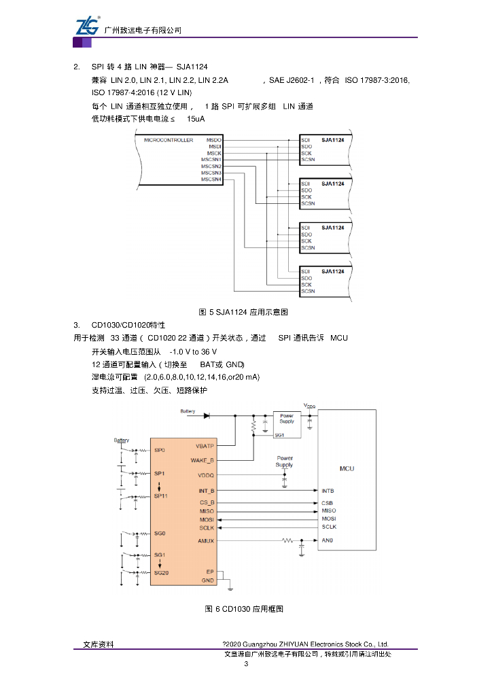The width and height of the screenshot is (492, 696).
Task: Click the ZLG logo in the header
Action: coord(86,26)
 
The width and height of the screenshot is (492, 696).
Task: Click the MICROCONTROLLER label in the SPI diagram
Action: coord(169,140)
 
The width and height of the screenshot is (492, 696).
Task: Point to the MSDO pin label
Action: coord(214,140)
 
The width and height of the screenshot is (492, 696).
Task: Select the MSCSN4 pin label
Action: coord(211,179)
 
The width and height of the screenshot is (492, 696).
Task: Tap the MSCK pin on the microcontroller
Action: coord(214,153)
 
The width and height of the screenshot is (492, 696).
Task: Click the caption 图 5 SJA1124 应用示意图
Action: coord(243,312)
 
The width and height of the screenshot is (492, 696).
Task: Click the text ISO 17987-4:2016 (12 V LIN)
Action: coord(142,92)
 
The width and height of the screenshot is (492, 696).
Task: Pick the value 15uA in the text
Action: coord(195,119)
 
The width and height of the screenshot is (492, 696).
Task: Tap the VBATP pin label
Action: coord(205,446)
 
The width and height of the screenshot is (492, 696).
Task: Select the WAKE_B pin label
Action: coord(203,461)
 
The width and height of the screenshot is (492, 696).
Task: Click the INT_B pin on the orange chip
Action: coord(207,490)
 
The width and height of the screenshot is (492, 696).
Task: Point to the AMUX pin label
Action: coord(206,541)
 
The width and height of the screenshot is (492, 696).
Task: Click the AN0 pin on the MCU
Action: coord(328,541)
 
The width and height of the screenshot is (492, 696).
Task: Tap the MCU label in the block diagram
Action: coord(347,468)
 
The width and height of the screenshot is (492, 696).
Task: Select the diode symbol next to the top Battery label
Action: coord(207,415)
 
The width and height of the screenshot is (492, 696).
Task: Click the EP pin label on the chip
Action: coord(210,572)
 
